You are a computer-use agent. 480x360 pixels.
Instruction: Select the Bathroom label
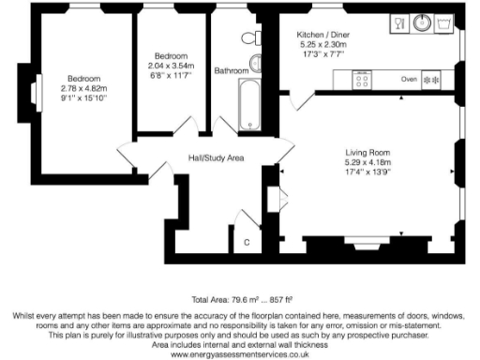tap(232, 70)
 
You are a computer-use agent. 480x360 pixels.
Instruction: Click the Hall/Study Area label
tap(216, 157)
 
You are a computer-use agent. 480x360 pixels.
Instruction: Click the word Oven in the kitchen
tap(408, 79)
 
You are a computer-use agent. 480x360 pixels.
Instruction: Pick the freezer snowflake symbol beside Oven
tap(433, 80)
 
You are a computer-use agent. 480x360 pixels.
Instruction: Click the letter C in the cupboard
tap(247, 243)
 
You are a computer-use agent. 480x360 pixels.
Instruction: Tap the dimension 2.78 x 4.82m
tap(82, 87)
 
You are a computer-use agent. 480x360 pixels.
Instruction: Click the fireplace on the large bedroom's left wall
tap(35, 93)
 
